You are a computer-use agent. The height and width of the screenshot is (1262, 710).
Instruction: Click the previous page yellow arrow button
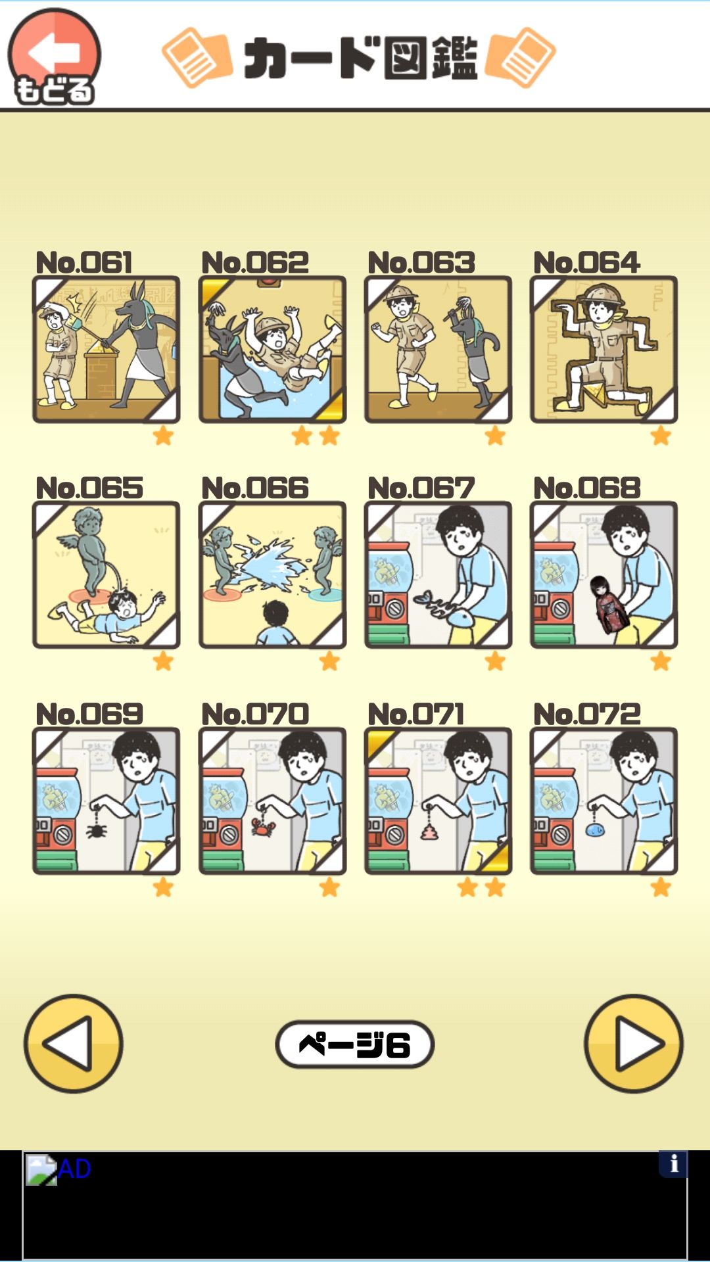74,1044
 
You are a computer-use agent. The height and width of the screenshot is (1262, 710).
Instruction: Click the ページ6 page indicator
355,1044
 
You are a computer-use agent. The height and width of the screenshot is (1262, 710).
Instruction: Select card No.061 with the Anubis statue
106,349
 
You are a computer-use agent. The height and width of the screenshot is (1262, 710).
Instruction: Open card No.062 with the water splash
272,349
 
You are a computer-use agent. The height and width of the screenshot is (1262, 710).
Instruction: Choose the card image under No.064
603,349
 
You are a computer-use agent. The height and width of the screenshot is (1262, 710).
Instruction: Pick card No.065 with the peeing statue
106,575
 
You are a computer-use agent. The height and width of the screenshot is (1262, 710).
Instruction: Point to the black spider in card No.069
97,831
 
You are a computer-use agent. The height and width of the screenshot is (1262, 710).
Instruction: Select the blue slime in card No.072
595,830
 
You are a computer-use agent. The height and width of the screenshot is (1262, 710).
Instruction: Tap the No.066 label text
255,488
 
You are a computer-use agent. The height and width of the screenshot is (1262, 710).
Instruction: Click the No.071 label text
416,714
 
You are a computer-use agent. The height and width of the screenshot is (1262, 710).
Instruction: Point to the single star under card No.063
495,435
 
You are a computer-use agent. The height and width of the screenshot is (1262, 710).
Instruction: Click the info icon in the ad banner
673,1164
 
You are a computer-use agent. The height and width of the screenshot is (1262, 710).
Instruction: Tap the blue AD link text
74,1169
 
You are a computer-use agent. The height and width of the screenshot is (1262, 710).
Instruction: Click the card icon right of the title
521,58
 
